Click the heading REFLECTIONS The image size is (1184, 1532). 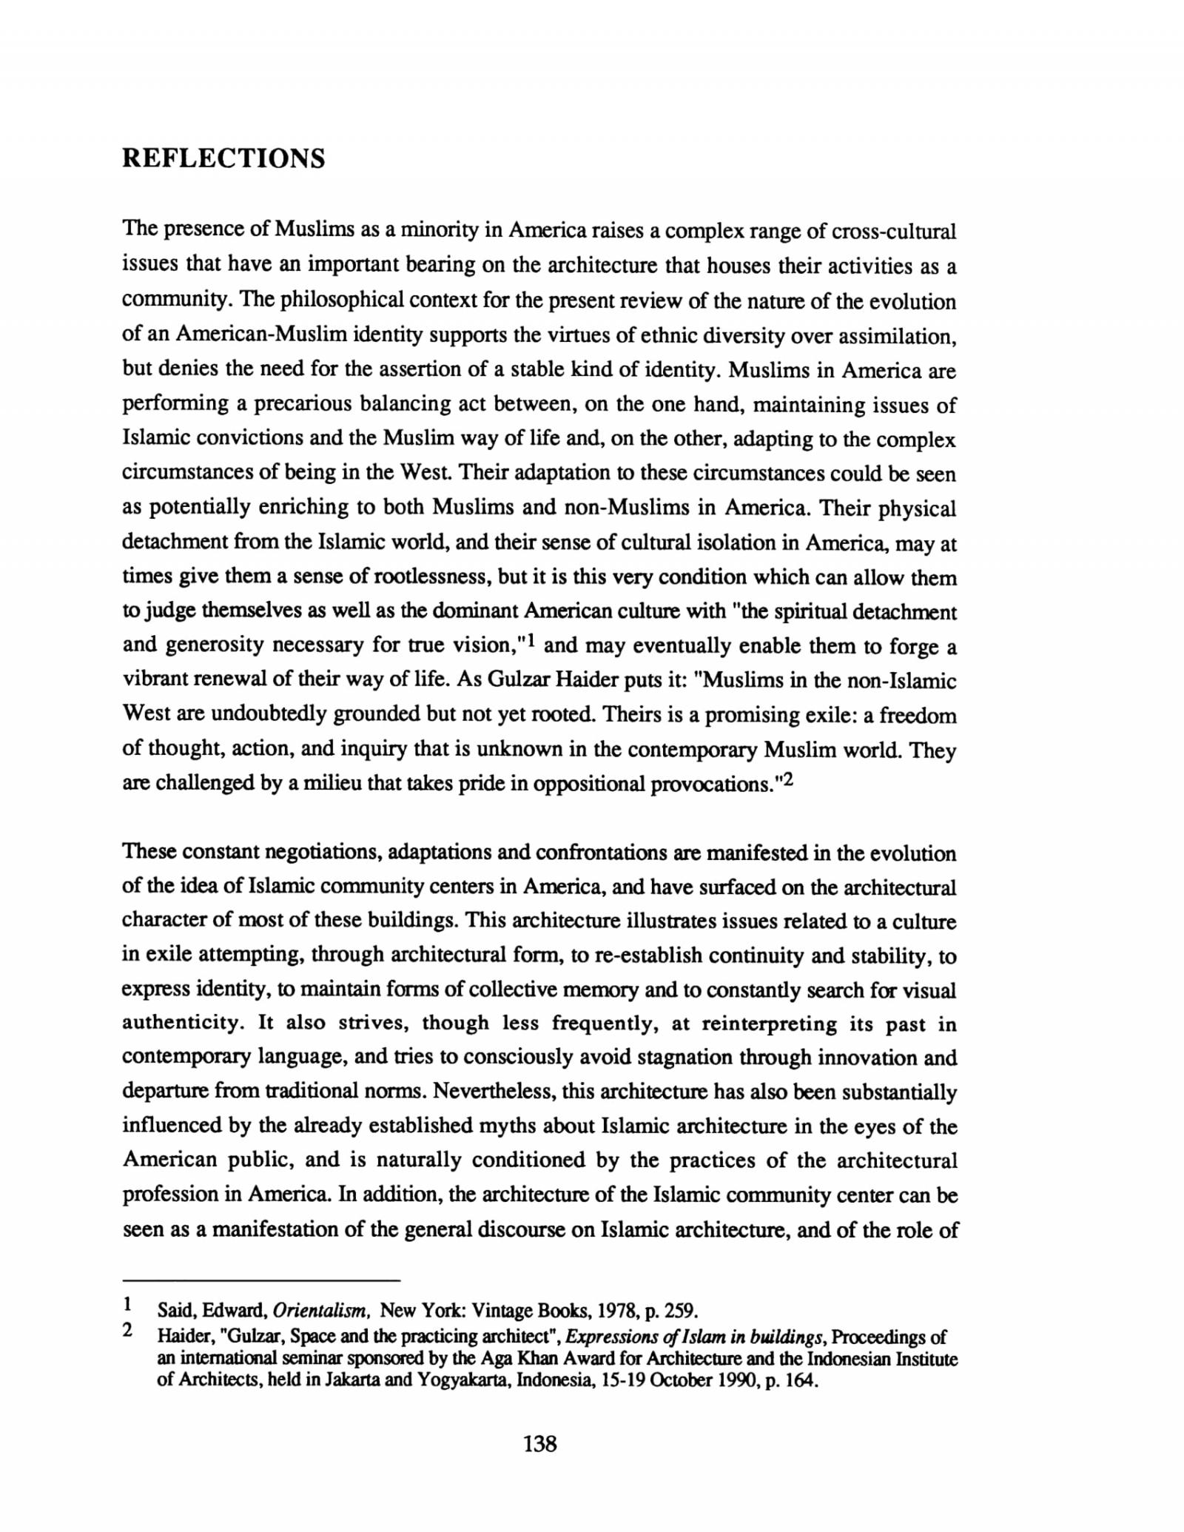223,158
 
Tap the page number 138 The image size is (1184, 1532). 539,1443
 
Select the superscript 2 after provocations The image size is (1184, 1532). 787,779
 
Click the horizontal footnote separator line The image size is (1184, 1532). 260,1279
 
